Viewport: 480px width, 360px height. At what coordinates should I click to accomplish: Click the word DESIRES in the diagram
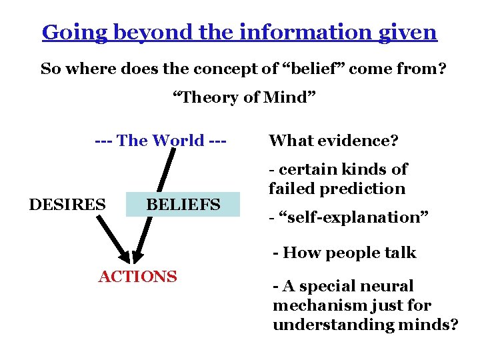[x=67, y=204]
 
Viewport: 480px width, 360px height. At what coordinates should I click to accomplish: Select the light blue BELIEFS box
[x=183, y=205]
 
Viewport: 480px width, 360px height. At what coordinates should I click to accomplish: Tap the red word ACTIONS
[x=138, y=276]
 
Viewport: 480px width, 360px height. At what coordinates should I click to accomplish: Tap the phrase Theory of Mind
[x=243, y=97]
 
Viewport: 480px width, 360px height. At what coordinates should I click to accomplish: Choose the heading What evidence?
[x=333, y=141]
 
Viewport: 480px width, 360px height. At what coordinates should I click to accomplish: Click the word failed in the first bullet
[x=291, y=189]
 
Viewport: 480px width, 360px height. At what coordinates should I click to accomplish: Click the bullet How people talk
[x=345, y=253]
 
